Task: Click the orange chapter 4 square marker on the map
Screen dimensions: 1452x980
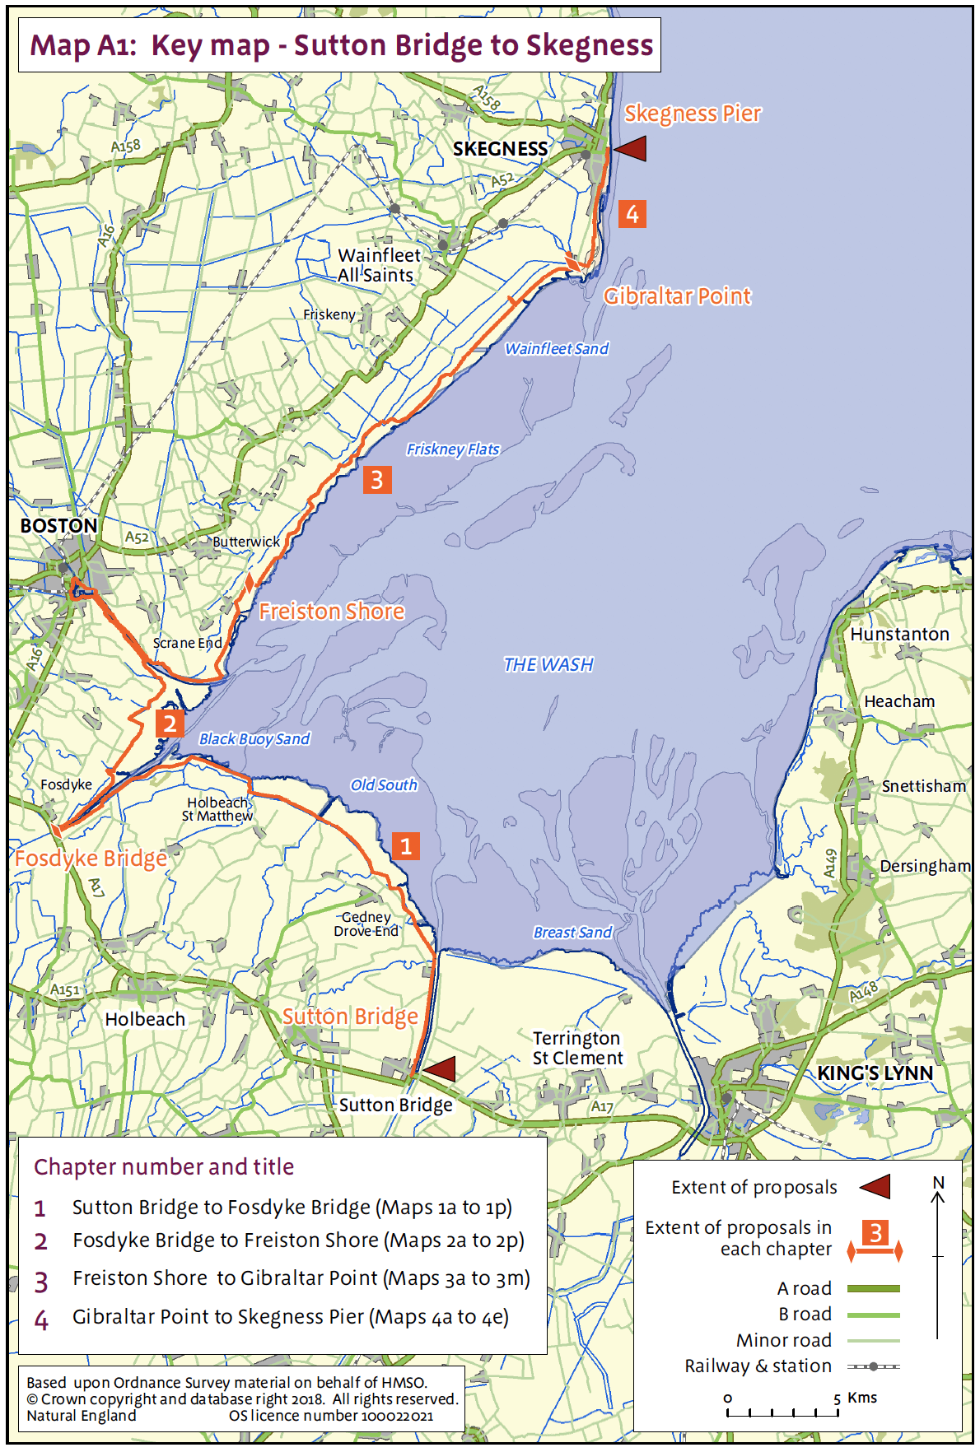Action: pyautogui.click(x=632, y=214)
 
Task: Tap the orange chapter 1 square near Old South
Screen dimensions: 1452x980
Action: pyautogui.click(x=405, y=846)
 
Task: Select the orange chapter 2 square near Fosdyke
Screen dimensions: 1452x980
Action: pyautogui.click(x=169, y=724)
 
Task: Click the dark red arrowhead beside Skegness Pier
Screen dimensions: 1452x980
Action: pyautogui.click(x=631, y=149)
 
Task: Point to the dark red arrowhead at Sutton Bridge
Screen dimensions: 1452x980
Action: pyautogui.click(x=439, y=1069)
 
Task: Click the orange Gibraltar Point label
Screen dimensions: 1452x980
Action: pyautogui.click(x=677, y=296)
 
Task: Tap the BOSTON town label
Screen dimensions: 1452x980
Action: pyautogui.click(x=58, y=525)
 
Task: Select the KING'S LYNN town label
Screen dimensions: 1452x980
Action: pyautogui.click(x=875, y=1073)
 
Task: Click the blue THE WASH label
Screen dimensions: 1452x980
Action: pyautogui.click(x=548, y=664)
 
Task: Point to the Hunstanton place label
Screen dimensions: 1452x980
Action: pyautogui.click(x=899, y=635)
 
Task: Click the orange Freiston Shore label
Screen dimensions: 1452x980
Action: pyautogui.click(x=332, y=611)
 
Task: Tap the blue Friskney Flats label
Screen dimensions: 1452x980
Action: pyautogui.click(x=453, y=449)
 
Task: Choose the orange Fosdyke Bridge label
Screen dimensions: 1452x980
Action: pyautogui.click(x=91, y=859)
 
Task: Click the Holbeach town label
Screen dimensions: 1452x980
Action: pyautogui.click(x=145, y=1019)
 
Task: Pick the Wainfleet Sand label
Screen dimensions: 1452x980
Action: pyautogui.click(x=557, y=349)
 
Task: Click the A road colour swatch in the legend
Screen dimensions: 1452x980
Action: pyautogui.click(x=873, y=1289)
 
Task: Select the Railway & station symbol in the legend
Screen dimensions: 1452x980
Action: pyautogui.click(x=873, y=1366)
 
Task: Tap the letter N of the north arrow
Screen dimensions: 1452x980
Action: pyautogui.click(x=938, y=1183)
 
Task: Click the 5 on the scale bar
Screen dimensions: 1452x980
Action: pyautogui.click(x=837, y=1398)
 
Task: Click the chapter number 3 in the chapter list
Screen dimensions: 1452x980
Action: pyautogui.click(x=41, y=1282)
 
